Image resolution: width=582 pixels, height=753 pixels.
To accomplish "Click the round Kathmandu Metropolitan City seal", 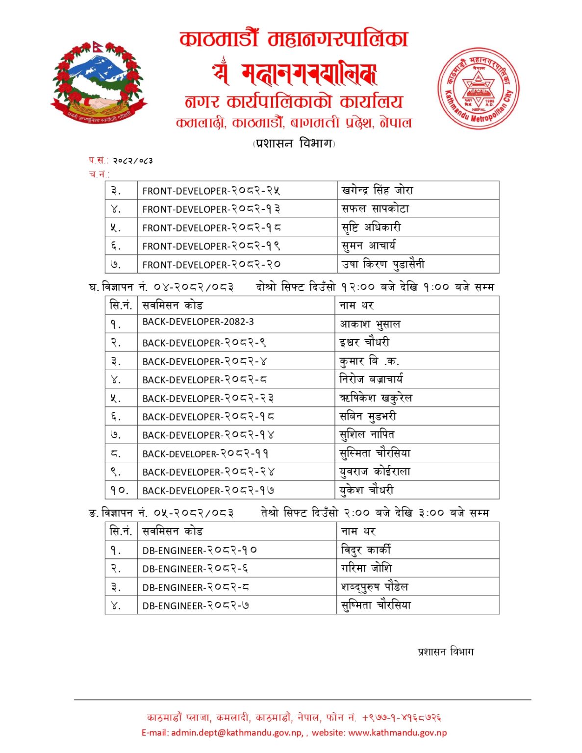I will pos(478,88).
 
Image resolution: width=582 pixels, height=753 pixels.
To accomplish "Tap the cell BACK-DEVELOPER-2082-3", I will pos(198,322).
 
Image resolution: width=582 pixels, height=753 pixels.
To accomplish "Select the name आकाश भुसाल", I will pos(370,324).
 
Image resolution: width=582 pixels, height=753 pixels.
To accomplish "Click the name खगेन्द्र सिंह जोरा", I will pos(377,190).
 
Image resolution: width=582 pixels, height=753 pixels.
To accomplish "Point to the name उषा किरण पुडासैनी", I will pos(383,264).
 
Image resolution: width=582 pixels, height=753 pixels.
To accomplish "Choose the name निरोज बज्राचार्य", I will pos(371,379).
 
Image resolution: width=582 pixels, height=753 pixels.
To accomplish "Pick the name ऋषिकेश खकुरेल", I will pos(376,398).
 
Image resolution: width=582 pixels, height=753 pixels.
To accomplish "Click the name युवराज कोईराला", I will pos(375,472).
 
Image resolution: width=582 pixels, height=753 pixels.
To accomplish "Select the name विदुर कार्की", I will pos(366,550).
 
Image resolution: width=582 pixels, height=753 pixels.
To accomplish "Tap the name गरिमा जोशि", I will pos(366,568).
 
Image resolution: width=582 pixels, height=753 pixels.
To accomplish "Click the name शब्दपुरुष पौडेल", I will pos(375,587).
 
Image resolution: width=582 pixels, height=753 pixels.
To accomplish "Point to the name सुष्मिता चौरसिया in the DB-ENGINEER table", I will pos(376,605).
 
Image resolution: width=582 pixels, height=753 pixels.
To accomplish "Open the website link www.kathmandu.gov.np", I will pos(397,733).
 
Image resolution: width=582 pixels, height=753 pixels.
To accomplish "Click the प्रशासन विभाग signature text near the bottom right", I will pos(446,652).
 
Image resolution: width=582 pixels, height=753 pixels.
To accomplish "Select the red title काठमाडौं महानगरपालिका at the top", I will pos(294,39).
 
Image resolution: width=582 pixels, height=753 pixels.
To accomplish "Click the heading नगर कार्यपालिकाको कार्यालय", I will pos(294,101).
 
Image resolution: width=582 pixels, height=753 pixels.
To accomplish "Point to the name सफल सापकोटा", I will pos(375,209).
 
